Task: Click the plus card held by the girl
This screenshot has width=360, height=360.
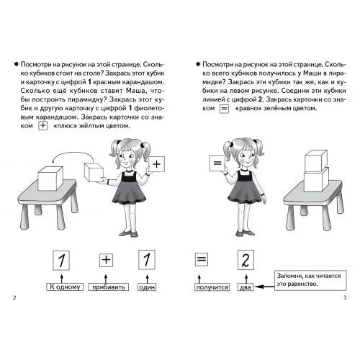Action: coord(156,164)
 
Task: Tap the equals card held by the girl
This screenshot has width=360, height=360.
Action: coord(217,163)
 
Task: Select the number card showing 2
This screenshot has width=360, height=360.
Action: coord(246,260)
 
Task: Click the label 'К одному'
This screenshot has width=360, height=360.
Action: coord(65,287)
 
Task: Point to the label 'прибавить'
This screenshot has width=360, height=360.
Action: coord(109,287)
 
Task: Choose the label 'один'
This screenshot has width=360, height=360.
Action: coord(147,287)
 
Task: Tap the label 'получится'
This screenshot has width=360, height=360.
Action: coord(212,287)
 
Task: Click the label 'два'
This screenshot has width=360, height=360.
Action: coord(246,287)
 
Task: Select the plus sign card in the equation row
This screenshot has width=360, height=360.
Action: coord(106,260)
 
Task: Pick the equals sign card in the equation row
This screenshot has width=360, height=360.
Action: coord(202,259)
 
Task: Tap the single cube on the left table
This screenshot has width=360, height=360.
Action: coord(50,179)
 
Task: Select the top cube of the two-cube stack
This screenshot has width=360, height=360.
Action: coord(316,161)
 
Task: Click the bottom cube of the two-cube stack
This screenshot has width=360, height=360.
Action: coord(316,180)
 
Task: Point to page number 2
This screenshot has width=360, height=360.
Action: coord(14,297)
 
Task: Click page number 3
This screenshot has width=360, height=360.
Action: coord(345,297)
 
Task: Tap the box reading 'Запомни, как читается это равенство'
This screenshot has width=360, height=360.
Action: coord(310,280)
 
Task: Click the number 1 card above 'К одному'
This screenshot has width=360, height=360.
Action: coord(61,261)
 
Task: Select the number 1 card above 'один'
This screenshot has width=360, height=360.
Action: coord(147,260)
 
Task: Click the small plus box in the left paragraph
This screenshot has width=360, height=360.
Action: coord(43,126)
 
